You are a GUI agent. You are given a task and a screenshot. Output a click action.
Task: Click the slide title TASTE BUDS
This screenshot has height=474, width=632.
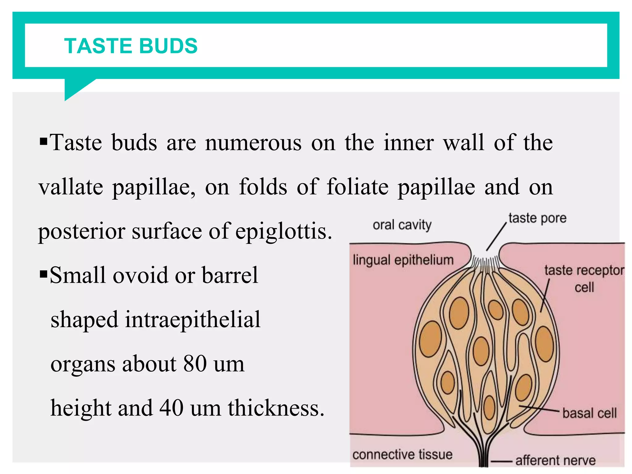pos(131,46)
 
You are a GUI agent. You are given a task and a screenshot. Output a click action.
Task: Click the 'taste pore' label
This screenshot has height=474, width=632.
pos(537,218)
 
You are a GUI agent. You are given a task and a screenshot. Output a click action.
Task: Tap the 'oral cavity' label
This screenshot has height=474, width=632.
pos(402,225)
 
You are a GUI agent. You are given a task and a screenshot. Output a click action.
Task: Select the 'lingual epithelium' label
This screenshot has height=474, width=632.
pos(403,260)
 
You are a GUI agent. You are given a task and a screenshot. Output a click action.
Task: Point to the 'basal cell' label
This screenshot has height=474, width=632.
pos(589,413)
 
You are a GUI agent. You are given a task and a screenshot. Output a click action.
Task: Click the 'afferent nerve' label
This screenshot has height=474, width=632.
pos(555,460)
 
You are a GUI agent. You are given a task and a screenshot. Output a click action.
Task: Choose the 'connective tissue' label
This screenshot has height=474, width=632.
pos(402,454)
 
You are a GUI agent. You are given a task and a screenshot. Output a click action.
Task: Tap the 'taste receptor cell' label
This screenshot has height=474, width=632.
pos(584,278)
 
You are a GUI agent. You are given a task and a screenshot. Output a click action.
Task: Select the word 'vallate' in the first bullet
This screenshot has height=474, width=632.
pos(71,187)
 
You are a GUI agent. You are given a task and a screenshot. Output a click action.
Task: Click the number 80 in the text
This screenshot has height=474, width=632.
pos(195,364)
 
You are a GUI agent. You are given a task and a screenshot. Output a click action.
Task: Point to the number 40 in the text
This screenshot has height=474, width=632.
pos(172,408)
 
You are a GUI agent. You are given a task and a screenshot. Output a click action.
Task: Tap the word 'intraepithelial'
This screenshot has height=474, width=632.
pos(193,319)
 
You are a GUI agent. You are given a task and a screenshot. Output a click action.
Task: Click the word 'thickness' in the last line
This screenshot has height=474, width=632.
pos(276,408)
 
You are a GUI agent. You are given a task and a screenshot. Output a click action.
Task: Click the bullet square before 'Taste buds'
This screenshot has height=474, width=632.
pos(44,142)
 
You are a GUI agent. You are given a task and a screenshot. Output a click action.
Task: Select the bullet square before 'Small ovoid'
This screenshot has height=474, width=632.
pos(44,274)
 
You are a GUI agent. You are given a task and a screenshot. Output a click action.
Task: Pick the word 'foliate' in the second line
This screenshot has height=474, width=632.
pos(358,187)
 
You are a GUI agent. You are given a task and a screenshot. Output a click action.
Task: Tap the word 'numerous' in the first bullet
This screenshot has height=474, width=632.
pos(253,143)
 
